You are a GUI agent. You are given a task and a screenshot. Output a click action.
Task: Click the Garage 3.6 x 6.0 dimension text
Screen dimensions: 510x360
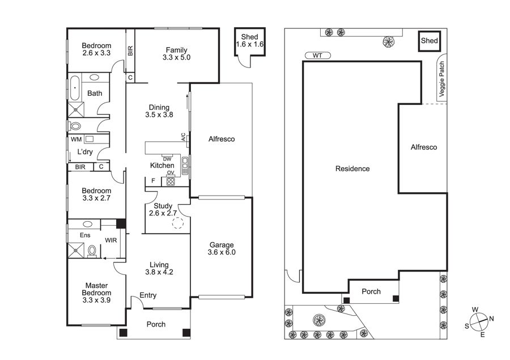(222, 252)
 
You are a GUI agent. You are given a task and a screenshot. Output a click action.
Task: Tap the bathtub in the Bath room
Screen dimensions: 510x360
(75, 88)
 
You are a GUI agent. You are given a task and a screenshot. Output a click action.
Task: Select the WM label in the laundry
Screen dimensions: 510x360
(76, 139)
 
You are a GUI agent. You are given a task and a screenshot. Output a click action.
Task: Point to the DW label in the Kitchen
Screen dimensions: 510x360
(167, 159)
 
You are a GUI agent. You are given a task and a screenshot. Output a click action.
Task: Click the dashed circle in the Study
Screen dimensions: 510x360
(178, 223)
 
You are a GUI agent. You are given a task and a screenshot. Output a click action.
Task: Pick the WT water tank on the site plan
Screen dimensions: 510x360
(318, 56)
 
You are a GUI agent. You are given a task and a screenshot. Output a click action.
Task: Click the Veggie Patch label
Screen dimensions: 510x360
(441, 79)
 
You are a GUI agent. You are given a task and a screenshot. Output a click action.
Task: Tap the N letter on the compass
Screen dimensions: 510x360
(491, 319)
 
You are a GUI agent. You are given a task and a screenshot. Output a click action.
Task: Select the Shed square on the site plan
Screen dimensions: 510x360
(430, 41)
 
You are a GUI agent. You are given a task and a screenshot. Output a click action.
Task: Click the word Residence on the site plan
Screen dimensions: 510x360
(352, 168)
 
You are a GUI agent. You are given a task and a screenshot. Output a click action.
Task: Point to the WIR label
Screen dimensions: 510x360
(111, 240)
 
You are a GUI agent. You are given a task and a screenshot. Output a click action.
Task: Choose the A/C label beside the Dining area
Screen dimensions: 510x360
(183, 137)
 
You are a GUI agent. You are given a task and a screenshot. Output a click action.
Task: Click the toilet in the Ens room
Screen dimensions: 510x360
(92, 251)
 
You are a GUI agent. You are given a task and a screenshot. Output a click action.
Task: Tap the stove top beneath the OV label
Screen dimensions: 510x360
(171, 181)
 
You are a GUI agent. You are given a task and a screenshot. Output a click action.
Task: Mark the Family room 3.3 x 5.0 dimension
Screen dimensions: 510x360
(177, 58)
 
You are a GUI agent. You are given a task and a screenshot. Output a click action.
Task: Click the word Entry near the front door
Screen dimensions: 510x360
(148, 295)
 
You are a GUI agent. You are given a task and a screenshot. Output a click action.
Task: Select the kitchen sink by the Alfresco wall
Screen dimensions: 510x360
(185, 166)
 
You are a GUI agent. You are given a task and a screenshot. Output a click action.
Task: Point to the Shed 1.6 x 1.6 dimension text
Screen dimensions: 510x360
(250, 44)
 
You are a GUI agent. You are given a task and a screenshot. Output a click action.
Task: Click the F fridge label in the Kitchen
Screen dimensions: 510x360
(153, 181)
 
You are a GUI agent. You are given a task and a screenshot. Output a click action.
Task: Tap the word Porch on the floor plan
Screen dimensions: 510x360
(156, 324)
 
